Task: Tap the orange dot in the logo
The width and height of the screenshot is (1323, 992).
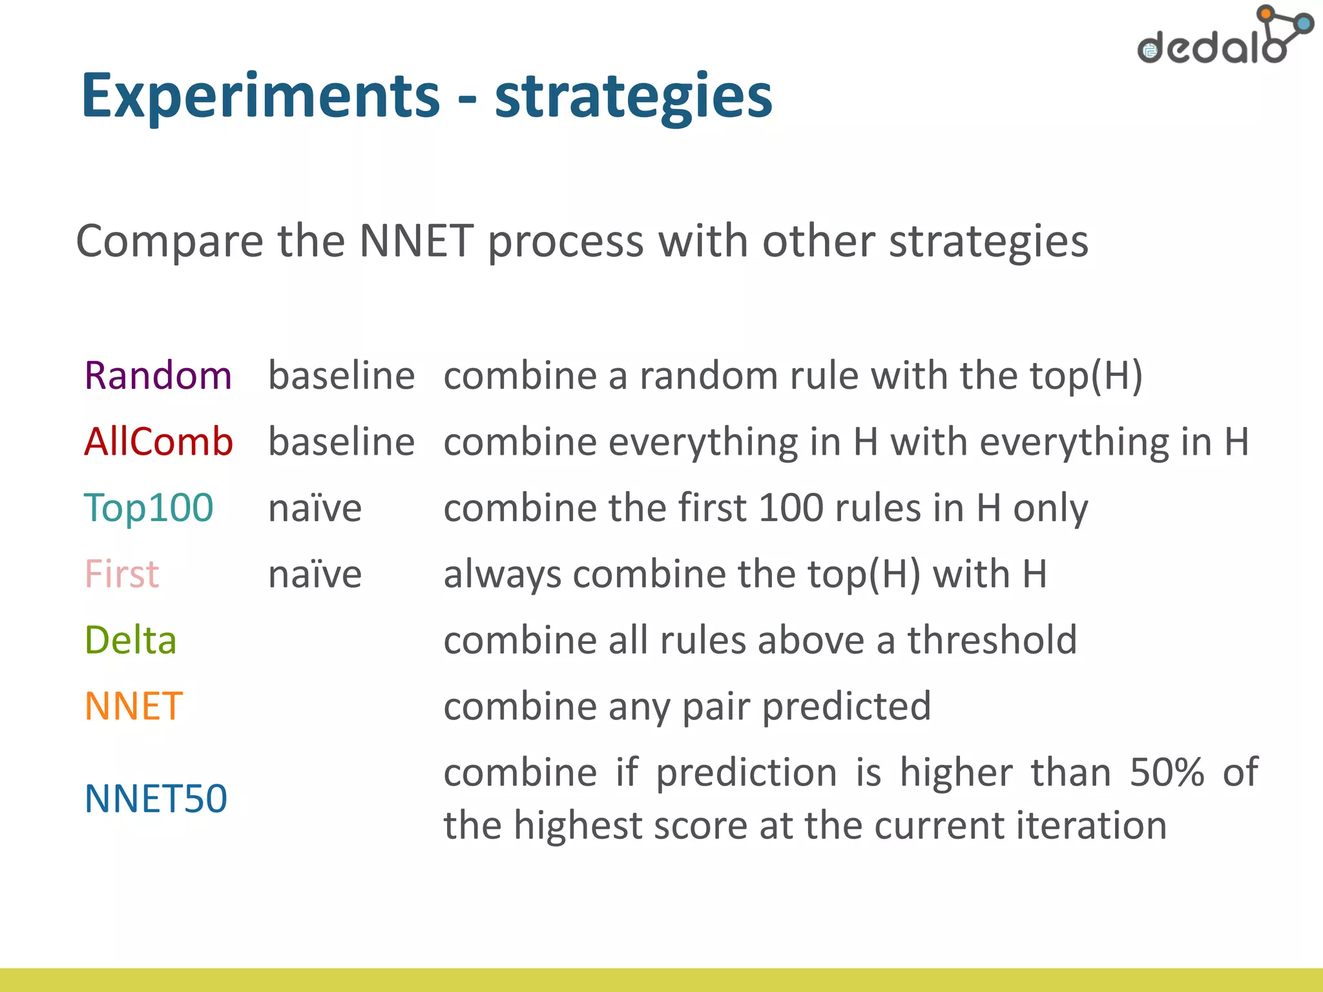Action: (1266, 12)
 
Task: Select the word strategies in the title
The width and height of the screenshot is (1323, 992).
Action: (634, 97)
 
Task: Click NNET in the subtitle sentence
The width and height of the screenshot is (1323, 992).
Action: (416, 241)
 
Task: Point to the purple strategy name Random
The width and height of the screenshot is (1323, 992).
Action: (158, 375)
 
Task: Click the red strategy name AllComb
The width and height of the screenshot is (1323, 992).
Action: (158, 442)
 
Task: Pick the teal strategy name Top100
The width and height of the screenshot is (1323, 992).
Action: (149, 508)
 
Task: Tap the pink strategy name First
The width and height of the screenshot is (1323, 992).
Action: (121, 573)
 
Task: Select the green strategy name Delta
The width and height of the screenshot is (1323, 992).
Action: (130, 640)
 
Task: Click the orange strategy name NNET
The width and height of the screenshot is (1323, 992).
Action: (134, 706)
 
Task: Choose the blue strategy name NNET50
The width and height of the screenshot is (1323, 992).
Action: (156, 798)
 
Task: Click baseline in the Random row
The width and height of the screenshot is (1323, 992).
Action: (341, 375)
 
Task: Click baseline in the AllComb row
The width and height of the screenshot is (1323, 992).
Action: (341, 442)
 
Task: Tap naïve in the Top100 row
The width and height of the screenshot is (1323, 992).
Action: (315, 508)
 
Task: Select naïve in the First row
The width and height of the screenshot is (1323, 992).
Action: (315, 573)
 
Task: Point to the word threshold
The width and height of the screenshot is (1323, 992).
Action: (992, 640)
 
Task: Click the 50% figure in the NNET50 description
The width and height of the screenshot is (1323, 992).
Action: (1167, 772)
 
